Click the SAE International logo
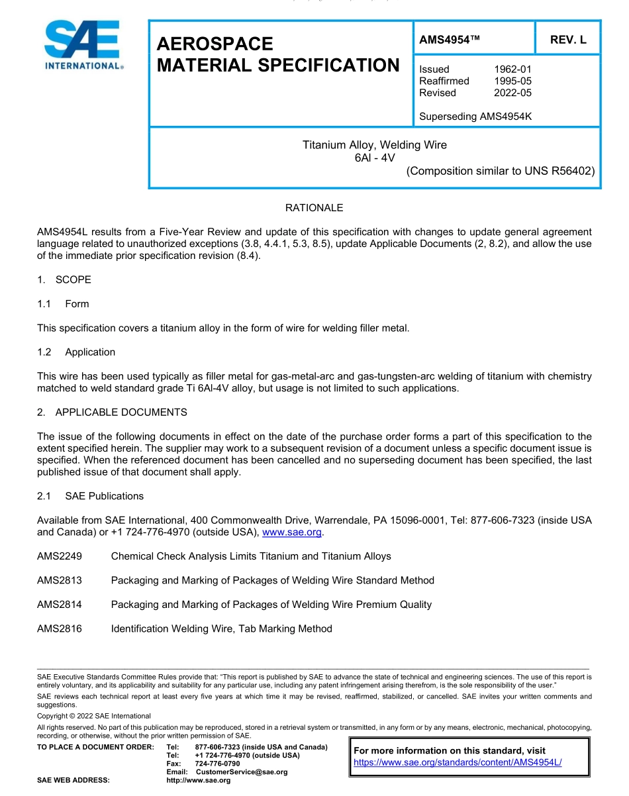coord(82,45)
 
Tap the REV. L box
coord(567,40)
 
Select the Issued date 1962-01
coord(512,69)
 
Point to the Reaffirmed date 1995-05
coord(512,81)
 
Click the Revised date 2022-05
coord(512,93)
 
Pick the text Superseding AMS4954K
coord(475,117)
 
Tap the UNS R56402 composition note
coord(501,171)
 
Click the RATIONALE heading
coord(314,208)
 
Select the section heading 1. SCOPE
coord(64,279)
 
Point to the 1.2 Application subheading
coord(76,352)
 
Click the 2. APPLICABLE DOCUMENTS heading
coord(112,412)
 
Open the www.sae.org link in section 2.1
coord(292,532)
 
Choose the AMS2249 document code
coord(60,556)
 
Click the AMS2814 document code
coord(60,605)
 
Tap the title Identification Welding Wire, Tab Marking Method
coord(221,628)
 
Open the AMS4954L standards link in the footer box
coord(458,762)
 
